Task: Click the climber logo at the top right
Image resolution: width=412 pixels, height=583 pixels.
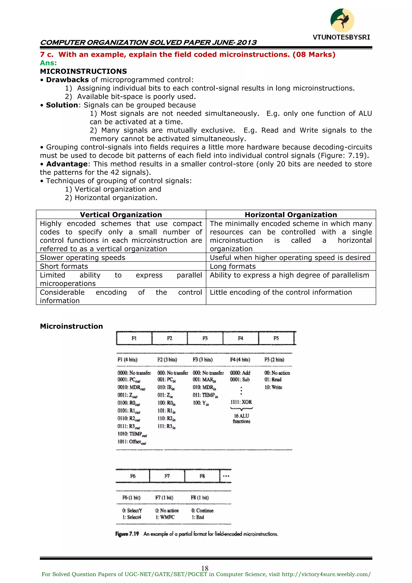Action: (x=342, y=20)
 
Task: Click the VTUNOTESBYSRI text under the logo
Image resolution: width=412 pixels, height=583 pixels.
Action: (x=341, y=37)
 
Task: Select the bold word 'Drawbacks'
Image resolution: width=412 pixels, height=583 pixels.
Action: (x=67, y=80)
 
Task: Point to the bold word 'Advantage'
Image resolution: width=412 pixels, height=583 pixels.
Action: (x=67, y=164)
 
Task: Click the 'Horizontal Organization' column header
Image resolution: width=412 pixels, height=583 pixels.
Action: (x=291, y=215)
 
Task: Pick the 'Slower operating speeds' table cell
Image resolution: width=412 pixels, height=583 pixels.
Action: (x=82, y=258)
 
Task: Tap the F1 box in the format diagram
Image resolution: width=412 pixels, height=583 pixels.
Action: (x=134, y=338)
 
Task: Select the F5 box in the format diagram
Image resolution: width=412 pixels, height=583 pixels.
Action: (x=276, y=338)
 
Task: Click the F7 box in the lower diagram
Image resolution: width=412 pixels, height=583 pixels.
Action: (x=167, y=476)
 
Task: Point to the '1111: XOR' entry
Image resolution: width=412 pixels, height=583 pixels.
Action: (x=241, y=402)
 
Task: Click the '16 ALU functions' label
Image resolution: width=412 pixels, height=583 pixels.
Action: (x=242, y=418)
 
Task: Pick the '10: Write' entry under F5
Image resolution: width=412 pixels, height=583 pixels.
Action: (x=273, y=387)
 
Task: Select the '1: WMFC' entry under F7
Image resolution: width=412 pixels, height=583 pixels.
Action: (x=165, y=517)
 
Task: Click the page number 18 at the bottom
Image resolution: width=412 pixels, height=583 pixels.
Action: (x=205, y=568)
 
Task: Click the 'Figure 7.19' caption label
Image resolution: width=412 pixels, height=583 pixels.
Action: (x=127, y=534)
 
